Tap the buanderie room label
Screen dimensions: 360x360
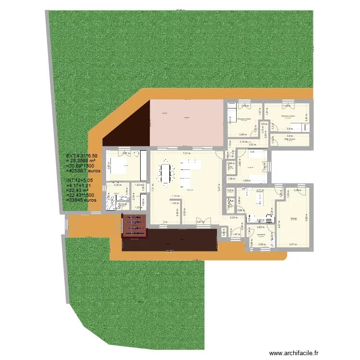[261, 234]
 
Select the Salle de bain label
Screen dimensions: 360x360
[289, 139]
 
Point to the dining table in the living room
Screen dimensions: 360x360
[167, 173]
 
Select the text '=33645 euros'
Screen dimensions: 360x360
[84, 200]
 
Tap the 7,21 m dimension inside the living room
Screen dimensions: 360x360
[185, 153]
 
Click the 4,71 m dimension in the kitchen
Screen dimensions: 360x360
[259, 191]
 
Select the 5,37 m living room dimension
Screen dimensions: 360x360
[218, 188]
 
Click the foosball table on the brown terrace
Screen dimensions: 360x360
[135, 226]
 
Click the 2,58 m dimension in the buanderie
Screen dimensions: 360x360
[262, 245]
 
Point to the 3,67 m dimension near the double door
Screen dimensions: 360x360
[199, 222]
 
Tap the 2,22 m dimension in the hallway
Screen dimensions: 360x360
[234, 218]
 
